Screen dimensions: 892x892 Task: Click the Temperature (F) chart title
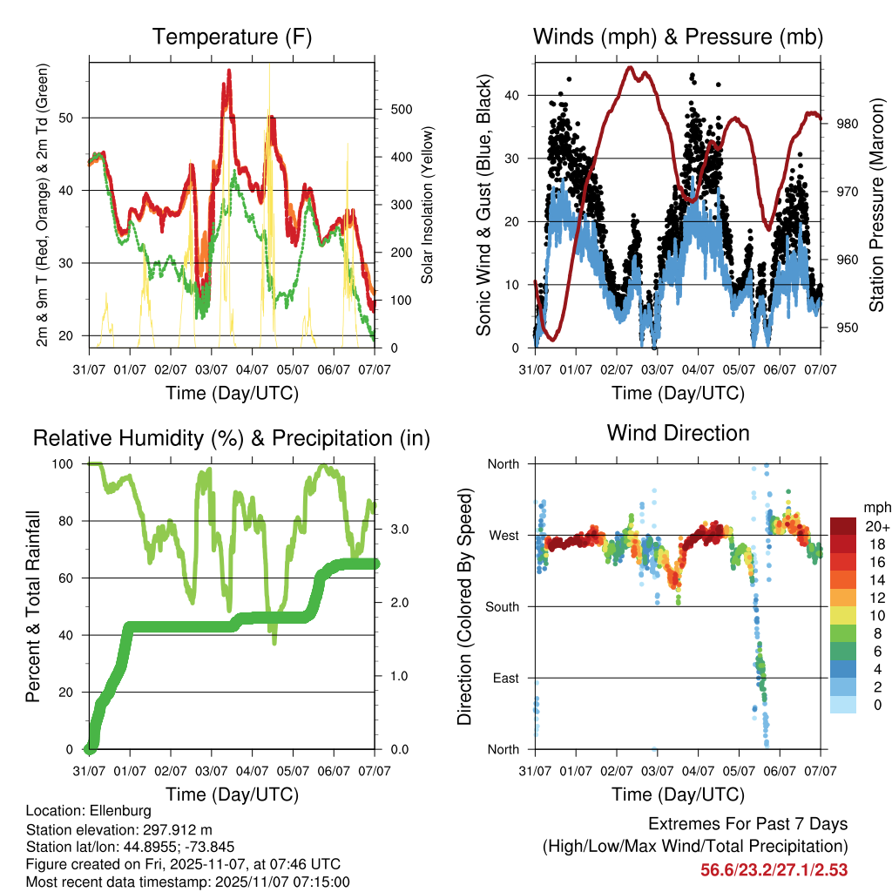[x=231, y=37]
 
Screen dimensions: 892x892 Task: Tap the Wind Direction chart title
[x=678, y=433]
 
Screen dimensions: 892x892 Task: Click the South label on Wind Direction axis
[x=503, y=607]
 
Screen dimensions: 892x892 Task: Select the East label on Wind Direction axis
[x=506, y=679]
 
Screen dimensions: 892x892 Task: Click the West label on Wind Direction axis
[x=504, y=536]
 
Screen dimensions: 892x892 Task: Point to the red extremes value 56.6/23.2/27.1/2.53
[x=774, y=869]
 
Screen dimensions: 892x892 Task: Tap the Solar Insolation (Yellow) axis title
[x=428, y=205]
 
